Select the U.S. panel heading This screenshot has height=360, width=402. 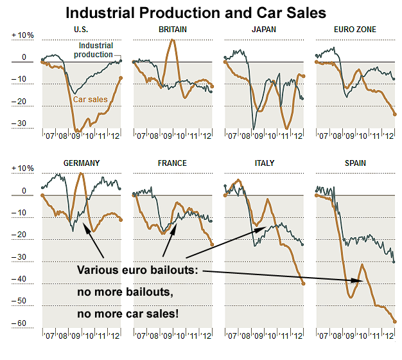click(x=82, y=30)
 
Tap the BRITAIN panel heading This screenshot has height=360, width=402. click(x=173, y=30)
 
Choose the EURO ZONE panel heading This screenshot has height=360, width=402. click(x=355, y=30)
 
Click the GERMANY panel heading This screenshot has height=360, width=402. click(x=82, y=163)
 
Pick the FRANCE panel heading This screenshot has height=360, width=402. click(x=173, y=163)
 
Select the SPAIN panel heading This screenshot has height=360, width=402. click(x=355, y=163)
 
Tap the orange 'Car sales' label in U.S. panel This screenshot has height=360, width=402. click(x=90, y=100)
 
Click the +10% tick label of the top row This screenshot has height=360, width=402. click(x=21, y=35)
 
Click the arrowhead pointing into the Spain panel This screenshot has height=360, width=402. click(x=366, y=281)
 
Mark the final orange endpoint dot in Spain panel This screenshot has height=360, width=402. click(x=394, y=321)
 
